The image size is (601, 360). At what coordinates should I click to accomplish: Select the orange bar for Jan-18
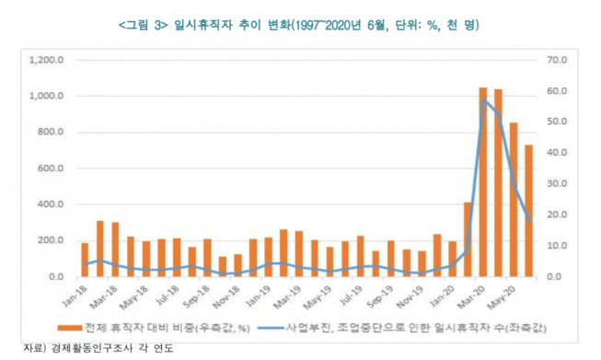pos(85,260)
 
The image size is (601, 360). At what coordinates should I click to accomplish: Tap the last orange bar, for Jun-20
pos(529,211)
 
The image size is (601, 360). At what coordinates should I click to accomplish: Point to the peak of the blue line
pos(483,99)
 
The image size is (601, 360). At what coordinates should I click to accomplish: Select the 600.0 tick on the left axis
pos(46,168)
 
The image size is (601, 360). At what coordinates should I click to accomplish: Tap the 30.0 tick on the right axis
pos(559,184)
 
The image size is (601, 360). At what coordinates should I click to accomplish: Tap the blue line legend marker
pos(279,326)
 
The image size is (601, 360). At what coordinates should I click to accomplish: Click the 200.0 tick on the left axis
pos(46,240)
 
